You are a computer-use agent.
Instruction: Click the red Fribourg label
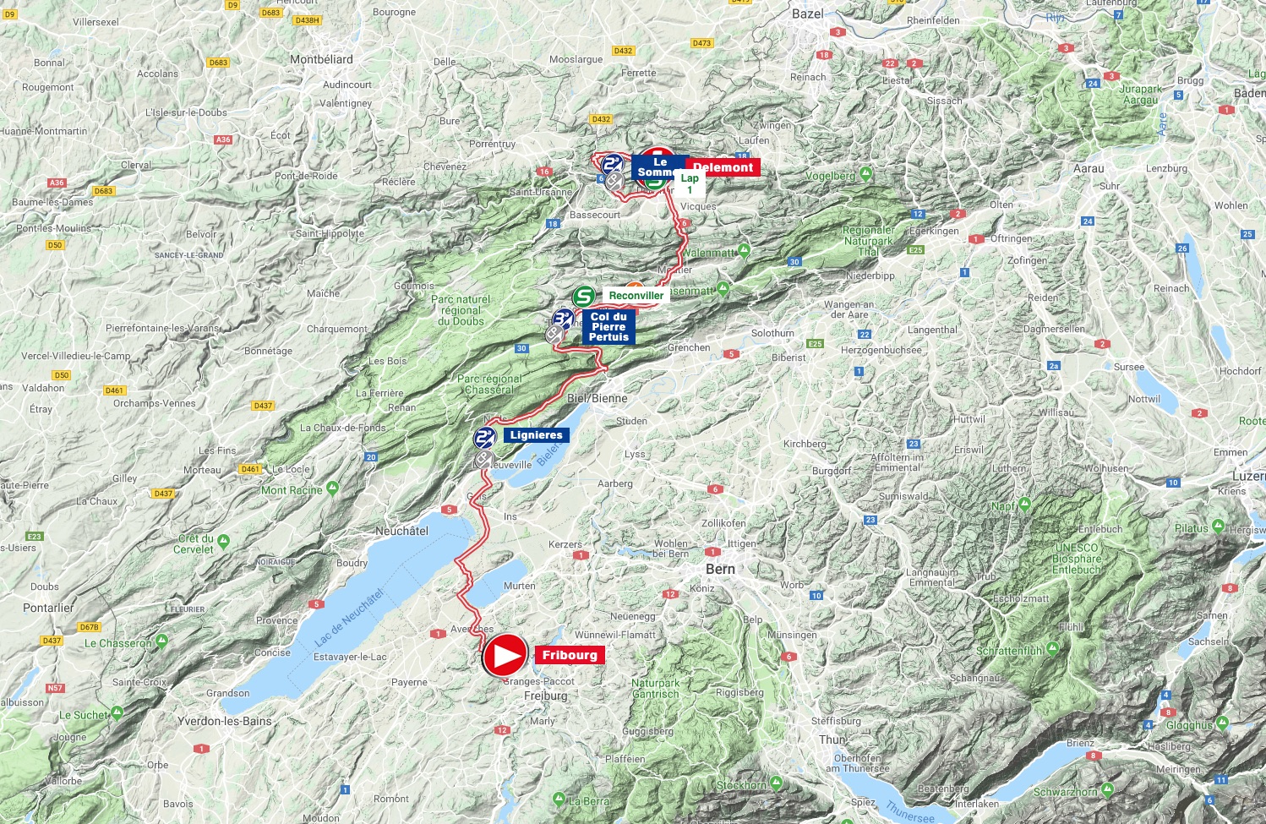(x=570, y=655)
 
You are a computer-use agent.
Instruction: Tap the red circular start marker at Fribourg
(x=505, y=655)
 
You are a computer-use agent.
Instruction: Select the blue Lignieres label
(x=536, y=435)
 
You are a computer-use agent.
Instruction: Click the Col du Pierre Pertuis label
(x=608, y=327)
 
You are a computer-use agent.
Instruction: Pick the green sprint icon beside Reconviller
(x=583, y=297)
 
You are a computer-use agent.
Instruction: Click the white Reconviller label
(x=636, y=296)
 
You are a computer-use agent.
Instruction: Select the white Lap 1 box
(x=690, y=183)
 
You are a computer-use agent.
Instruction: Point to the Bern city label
(x=720, y=569)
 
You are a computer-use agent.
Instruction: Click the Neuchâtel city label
(x=401, y=531)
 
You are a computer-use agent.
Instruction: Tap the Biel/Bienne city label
(x=598, y=398)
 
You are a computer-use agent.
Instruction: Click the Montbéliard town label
(x=321, y=59)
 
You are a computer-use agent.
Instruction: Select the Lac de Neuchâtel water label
(x=349, y=617)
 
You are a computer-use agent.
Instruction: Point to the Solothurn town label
(x=772, y=333)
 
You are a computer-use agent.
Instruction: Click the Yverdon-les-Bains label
(x=225, y=721)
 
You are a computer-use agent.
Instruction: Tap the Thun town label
(x=832, y=739)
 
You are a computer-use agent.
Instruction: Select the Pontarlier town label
(x=48, y=608)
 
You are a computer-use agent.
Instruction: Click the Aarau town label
(x=1089, y=168)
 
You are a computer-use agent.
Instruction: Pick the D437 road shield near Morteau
(x=163, y=494)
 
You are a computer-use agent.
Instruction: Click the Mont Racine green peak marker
(x=332, y=488)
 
